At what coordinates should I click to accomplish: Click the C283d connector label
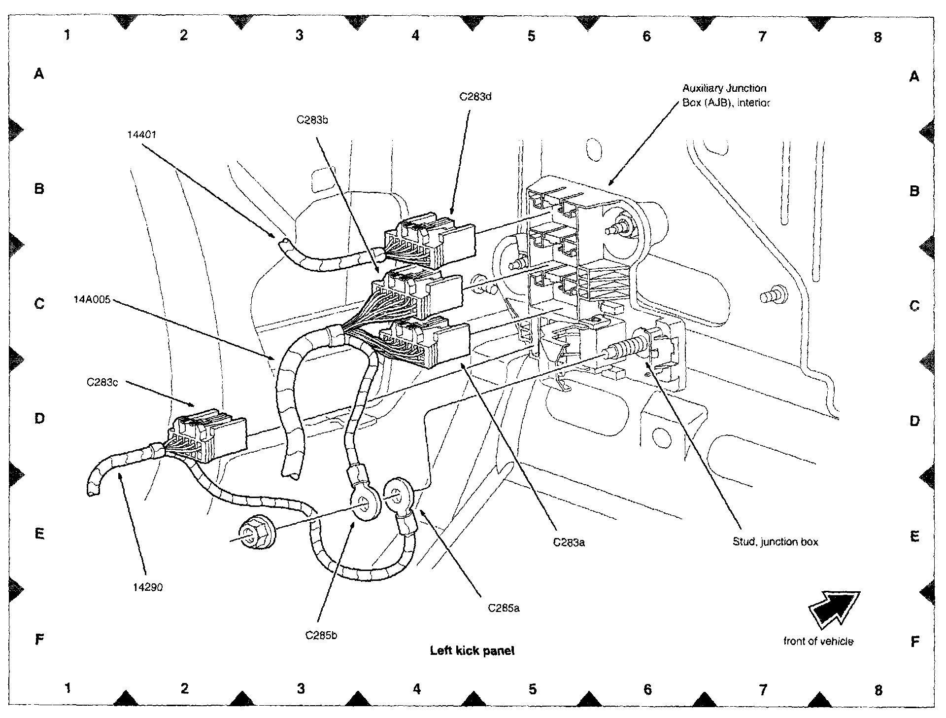pyautogui.click(x=475, y=97)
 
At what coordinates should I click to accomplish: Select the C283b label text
pyautogui.click(x=312, y=120)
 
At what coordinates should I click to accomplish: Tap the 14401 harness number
pyautogui.click(x=141, y=135)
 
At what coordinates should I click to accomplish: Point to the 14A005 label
pyautogui.click(x=92, y=299)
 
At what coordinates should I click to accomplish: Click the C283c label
pyautogui.click(x=102, y=382)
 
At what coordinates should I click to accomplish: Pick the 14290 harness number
pyautogui.click(x=148, y=587)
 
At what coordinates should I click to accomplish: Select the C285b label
pyautogui.click(x=321, y=636)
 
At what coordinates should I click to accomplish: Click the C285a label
pyautogui.click(x=504, y=608)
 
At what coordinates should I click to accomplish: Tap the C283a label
pyautogui.click(x=569, y=543)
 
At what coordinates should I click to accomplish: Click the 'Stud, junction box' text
pyautogui.click(x=775, y=542)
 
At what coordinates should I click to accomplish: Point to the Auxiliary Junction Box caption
pyautogui.click(x=725, y=96)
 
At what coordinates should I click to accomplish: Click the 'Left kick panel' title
pyautogui.click(x=472, y=650)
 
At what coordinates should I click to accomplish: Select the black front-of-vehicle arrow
pyautogui.click(x=834, y=610)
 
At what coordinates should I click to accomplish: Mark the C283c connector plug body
pyautogui.click(x=209, y=434)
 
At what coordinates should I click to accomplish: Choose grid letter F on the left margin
pyautogui.click(x=40, y=640)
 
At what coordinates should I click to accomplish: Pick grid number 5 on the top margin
pyautogui.click(x=531, y=36)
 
